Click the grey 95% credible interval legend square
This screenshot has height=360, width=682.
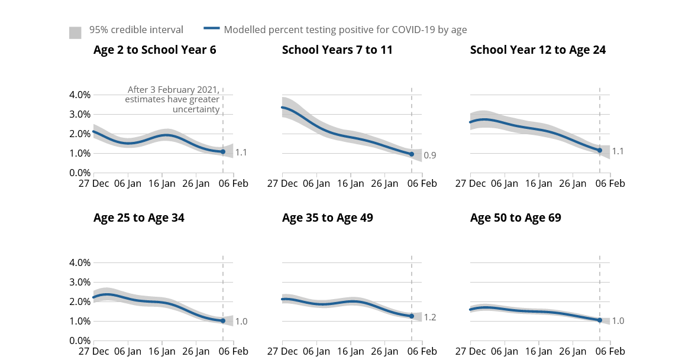[75, 33]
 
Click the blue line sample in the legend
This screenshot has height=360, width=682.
[212, 28]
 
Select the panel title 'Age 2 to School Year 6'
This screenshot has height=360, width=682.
[154, 50]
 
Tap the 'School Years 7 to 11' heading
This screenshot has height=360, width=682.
[337, 50]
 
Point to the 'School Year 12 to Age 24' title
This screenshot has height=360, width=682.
[538, 50]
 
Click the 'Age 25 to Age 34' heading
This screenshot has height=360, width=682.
[138, 218]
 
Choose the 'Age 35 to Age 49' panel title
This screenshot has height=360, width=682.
[327, 218]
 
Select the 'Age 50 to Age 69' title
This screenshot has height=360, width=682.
[515, 218]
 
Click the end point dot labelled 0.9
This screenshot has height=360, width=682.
[412, 154]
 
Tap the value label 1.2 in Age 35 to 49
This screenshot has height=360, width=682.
[429, 317]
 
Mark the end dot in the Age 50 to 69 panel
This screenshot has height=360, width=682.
[600, 320]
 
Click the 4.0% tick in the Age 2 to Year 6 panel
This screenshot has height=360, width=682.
[80, 95]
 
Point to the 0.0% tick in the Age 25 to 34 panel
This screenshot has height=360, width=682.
[80, 341]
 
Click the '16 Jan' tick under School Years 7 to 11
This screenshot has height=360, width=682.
[350, 184]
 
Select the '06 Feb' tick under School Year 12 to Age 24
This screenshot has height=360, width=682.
[609, 184]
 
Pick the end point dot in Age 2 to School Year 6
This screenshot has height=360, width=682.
[223, 151]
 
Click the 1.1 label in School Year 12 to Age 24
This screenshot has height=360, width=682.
[618, 151]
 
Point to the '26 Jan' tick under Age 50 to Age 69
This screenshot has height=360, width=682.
[573, 352]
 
